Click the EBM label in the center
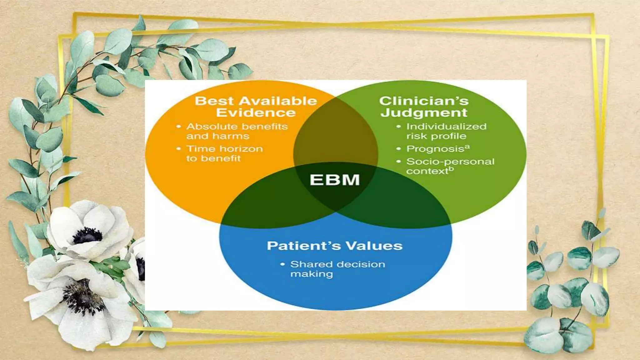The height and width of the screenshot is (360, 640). click(x=335, y=180)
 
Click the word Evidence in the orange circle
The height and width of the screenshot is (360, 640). click(x=256, y=113)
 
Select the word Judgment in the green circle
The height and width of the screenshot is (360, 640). click(x=424, y=113)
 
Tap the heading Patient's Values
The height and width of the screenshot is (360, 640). click(x=335, y=246)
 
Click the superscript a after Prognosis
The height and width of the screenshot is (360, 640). click(x=467, y=147)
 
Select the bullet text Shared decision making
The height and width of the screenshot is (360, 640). click(x=337, y=269)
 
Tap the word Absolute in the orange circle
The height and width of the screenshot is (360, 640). click(x=208, y=127)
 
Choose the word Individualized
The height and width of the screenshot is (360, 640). click(x=446, y=127)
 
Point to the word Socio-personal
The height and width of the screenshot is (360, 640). click(x=450, y=162)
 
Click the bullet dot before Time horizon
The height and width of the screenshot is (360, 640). click(x=179, y=149)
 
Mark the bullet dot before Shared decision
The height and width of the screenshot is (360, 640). click(x=283, y=264)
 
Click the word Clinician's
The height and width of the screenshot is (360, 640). click(x=424, y=101)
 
